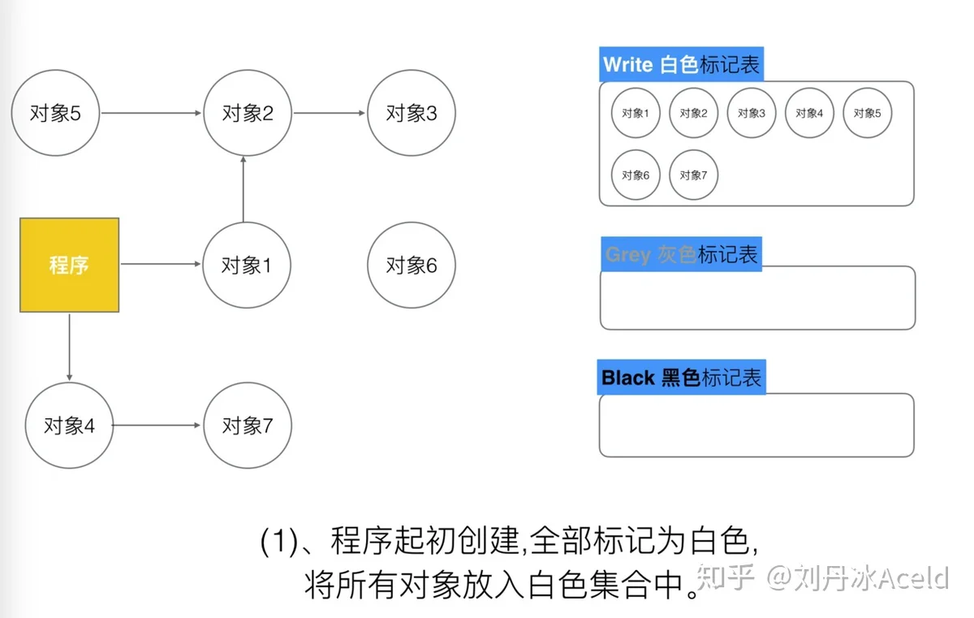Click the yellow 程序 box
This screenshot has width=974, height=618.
70,265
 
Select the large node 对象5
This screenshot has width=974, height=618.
56,113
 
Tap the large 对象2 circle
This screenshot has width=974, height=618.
248,113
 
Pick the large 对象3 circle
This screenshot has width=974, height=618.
412,113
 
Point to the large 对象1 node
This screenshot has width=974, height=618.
247,266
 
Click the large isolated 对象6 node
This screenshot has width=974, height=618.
412,266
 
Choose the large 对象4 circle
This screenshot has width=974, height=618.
70,426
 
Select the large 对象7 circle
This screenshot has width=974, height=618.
248,426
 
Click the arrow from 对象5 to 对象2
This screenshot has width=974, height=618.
151,113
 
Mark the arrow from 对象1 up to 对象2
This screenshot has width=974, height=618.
243,189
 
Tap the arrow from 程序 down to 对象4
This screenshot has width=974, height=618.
70,347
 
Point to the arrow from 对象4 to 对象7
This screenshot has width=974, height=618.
157,425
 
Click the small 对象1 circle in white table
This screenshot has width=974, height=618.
636,113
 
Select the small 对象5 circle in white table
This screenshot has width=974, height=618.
868,113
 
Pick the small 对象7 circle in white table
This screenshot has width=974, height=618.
693,175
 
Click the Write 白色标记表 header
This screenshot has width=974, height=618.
681,64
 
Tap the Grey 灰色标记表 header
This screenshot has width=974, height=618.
681,254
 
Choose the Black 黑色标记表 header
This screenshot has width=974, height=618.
681,377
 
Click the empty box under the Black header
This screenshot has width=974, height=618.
756,425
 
